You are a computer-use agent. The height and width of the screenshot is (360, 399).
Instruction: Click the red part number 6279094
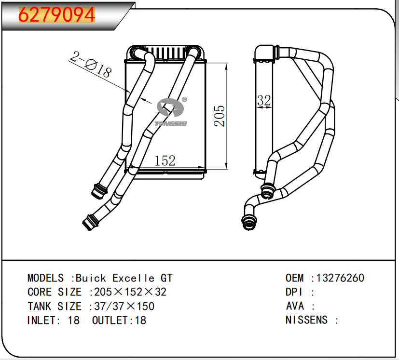[x=56, y=15]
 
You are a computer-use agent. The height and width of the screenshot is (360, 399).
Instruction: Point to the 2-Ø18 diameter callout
[x=91, y=65]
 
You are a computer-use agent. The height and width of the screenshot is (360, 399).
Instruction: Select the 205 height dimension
[x=220, y=116]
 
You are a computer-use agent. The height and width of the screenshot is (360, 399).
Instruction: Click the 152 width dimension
[x=165, y=160]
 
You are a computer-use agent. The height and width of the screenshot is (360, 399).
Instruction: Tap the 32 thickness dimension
[x=264, y=101]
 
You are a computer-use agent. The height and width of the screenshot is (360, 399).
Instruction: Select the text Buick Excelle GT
[x=124, y=278]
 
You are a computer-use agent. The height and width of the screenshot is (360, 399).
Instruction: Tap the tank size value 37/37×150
[x=124, y=306]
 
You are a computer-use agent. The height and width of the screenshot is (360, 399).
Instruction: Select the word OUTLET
[x=110, y=320]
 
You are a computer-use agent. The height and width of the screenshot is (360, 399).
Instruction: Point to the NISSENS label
[x=306, y=320]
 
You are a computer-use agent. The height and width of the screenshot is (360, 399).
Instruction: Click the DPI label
[x=294, y=292]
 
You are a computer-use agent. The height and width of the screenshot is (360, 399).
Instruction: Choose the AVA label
[x=295, y=306]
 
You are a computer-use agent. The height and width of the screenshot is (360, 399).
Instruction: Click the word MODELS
[x=45, y=278]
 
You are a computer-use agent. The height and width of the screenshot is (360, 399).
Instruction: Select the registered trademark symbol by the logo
[x=184, y=100]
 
